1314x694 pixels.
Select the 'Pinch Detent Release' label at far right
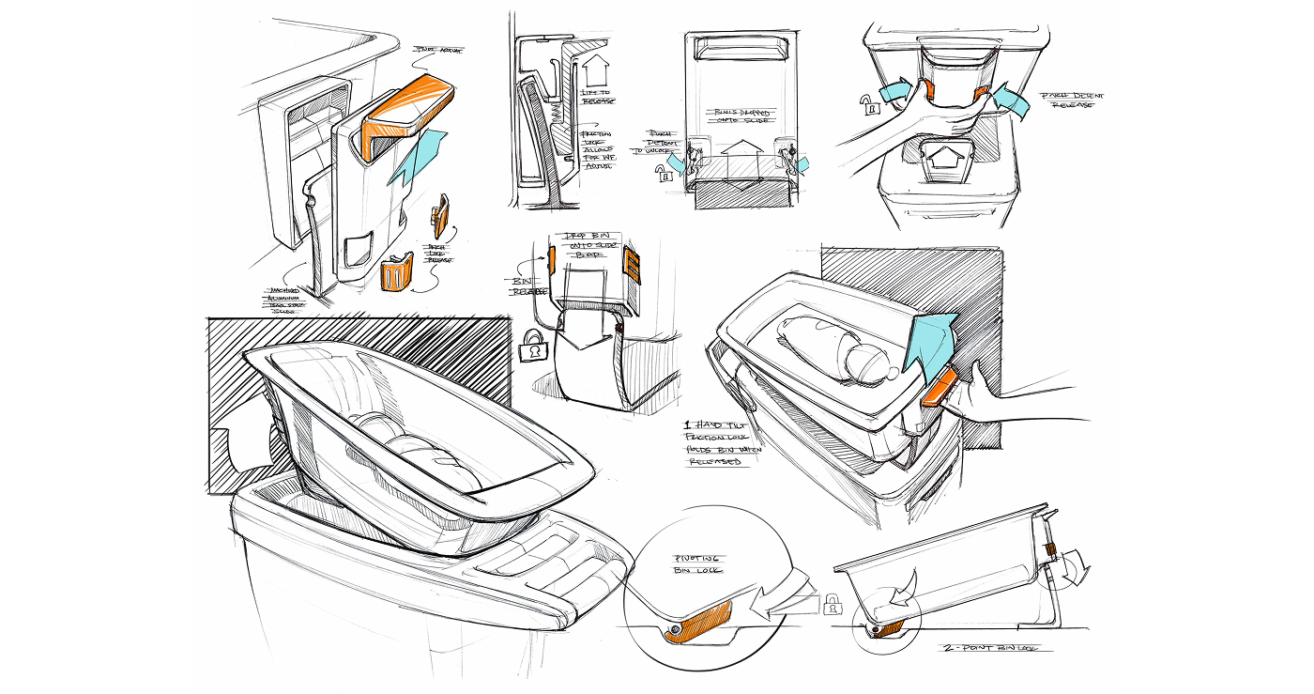(x=1068, y=100)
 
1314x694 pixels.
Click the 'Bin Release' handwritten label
(x=523, y=286)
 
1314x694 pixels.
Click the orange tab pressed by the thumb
(x=940, y=386)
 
